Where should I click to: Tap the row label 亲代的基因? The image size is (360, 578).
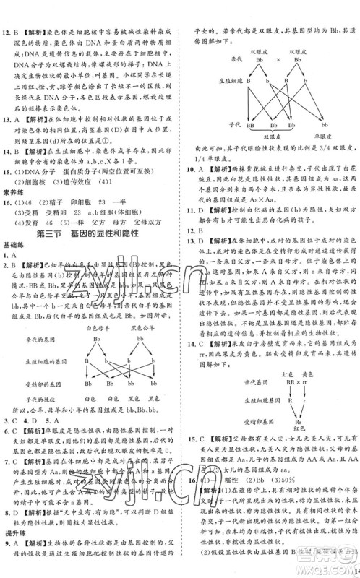tap(46, 339)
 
